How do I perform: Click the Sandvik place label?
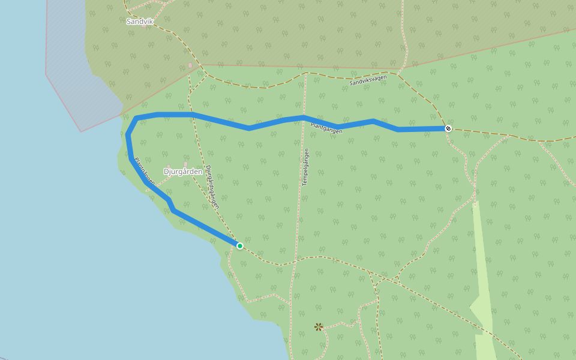pos(140,22)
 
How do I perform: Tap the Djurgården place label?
pos(183,172)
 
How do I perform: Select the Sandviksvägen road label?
pos(368,80)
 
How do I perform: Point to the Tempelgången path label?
pos(305,166)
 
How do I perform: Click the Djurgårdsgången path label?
pos(212,187)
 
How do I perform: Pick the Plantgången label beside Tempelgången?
pos(326,126)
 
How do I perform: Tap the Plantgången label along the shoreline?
pos(145,171)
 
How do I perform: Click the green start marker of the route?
pos(240,246)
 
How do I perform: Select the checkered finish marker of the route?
pos(448,128)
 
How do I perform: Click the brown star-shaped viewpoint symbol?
pos(319,327)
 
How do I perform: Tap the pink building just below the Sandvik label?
pos(144,26)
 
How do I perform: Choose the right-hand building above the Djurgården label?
pos(186,164)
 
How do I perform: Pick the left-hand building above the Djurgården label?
pos(169,167)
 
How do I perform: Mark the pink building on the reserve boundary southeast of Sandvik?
pos(190,65)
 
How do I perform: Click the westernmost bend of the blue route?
pos(127,135)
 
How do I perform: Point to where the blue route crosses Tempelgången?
pos(304,117)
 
